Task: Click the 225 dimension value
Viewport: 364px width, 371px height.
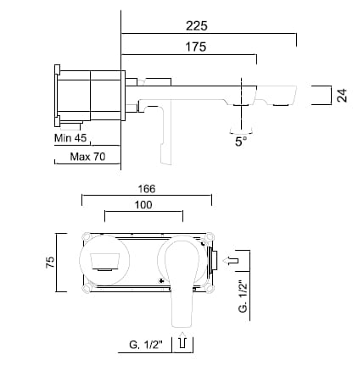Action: pyautogui.click(x=209, y=25)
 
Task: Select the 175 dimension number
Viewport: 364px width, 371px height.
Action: pyautogui.click(x=195, y=47)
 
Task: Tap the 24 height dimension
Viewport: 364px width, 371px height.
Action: pyautogui.click(x=341, y=95)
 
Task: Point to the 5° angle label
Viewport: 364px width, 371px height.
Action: pyautogui.click(x=241, y=142)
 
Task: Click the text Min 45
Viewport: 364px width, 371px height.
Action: pyautogui.click(x=71, y=137)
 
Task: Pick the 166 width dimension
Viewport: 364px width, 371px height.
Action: pyautogui.click(x=146, y=190)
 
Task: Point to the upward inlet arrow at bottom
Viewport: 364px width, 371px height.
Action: pyautogui.click(x=182, y=342)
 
